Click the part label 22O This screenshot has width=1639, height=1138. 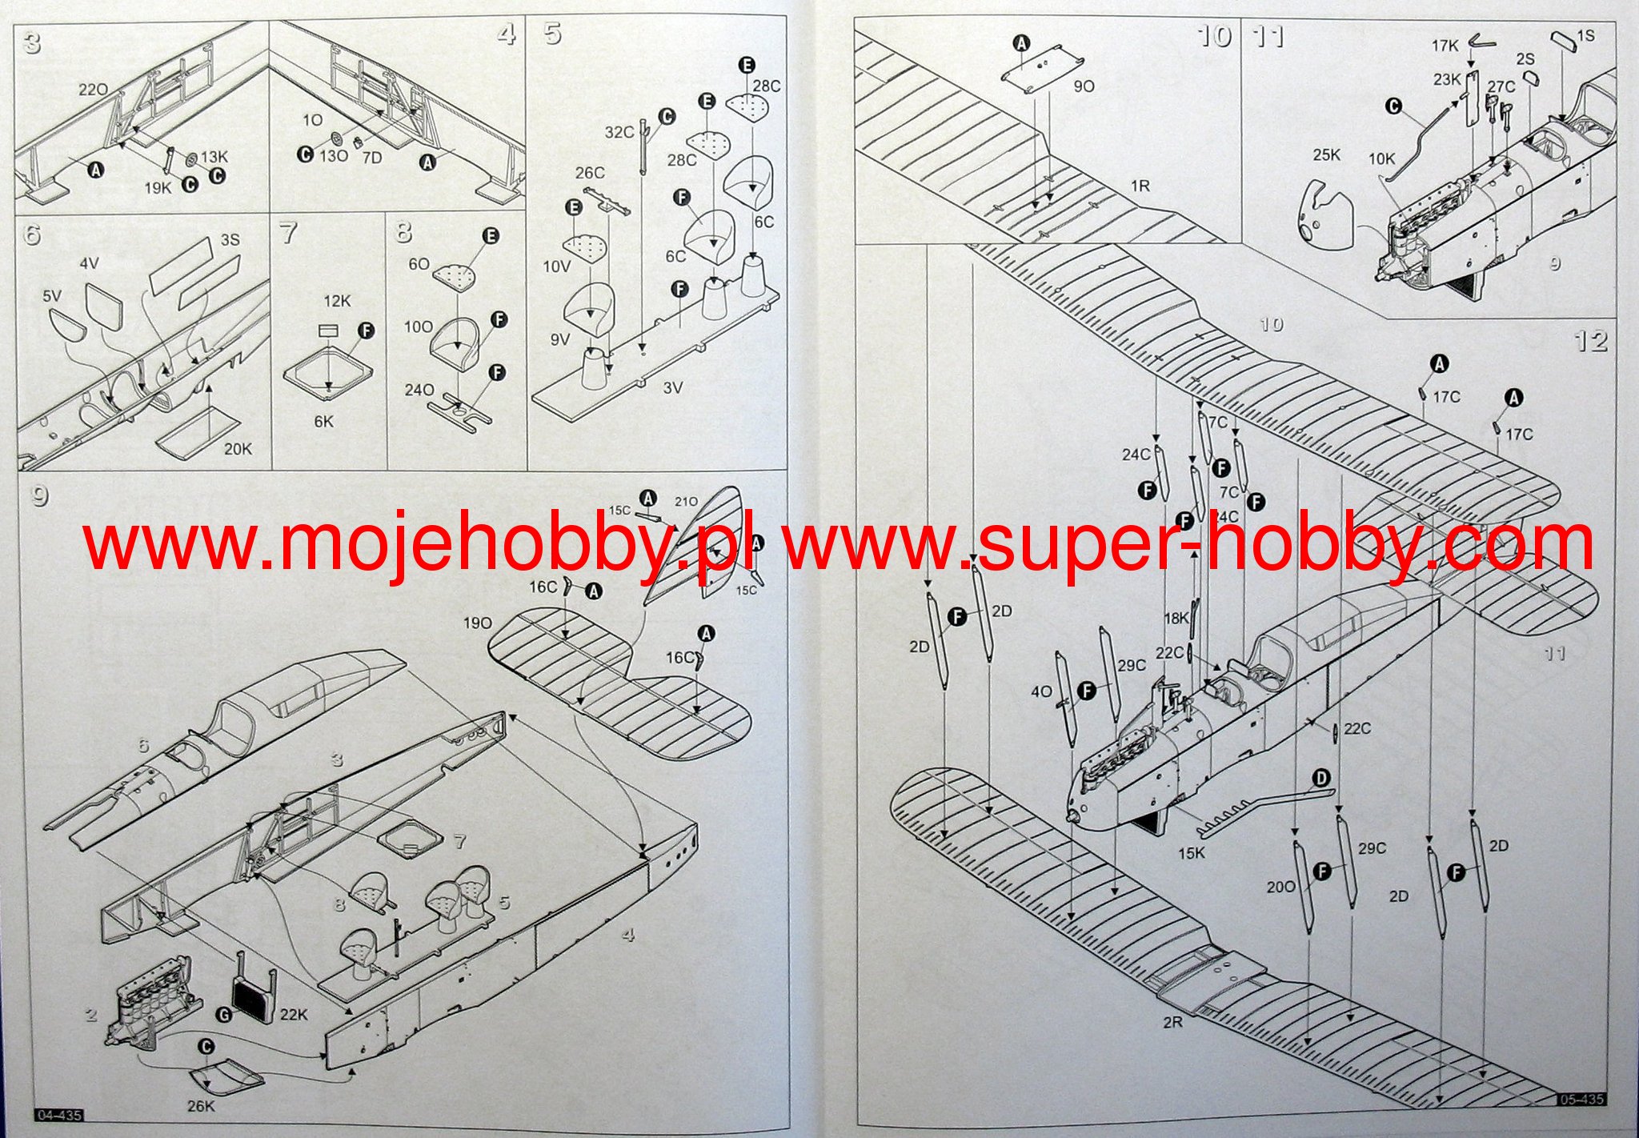94,90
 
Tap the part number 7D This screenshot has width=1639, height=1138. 372,158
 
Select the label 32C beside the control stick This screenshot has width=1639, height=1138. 619,132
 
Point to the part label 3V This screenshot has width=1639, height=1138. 672,388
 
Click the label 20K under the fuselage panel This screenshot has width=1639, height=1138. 238,449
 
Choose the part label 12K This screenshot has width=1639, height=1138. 337,301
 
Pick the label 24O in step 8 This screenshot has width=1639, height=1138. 419,390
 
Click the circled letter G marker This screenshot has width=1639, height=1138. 223,1014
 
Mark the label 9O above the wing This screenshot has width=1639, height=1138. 1084,86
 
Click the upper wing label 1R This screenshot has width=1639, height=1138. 1140,186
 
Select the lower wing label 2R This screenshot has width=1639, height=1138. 1172,1022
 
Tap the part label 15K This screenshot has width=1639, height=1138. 1191,853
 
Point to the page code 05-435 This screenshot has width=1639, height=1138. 1581,1100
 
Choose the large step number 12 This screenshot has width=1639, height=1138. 1590,342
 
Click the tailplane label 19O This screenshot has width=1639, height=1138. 477,623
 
